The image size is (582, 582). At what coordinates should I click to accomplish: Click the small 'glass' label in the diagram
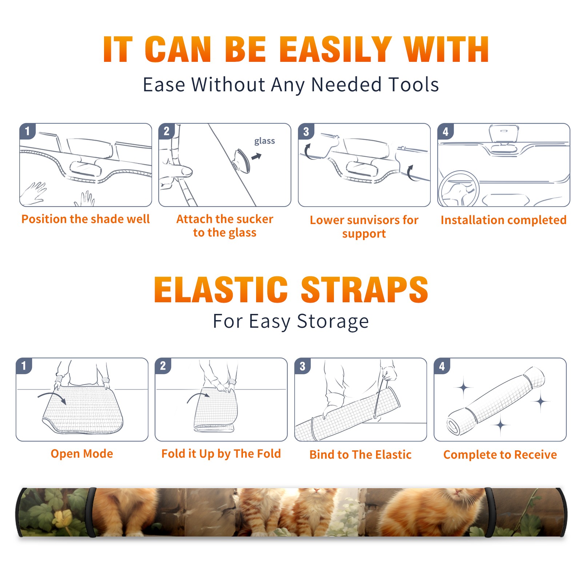pos(264,141)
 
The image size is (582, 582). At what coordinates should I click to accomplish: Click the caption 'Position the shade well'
pos(85,219)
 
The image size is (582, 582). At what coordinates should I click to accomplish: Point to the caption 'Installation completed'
pos(503,220)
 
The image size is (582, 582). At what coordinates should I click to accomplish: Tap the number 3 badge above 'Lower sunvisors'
pos(306,131)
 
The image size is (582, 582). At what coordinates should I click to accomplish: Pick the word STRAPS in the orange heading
pos(364,290)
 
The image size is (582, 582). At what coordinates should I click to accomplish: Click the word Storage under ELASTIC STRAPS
pos(333,322)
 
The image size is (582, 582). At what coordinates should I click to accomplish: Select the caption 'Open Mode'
pos(82,454)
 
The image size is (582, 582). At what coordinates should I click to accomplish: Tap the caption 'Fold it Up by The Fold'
pos(221,454)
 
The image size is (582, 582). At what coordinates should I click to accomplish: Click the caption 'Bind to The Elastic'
pos(360,455)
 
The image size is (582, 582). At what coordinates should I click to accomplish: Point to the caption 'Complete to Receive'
pos(500,455)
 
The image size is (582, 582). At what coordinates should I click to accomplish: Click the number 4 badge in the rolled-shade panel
pos(442,366)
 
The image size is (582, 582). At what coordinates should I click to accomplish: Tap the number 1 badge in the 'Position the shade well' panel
pos(27,131)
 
